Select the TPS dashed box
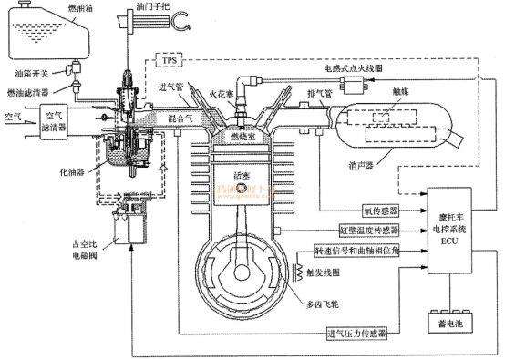pos(172,60)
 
